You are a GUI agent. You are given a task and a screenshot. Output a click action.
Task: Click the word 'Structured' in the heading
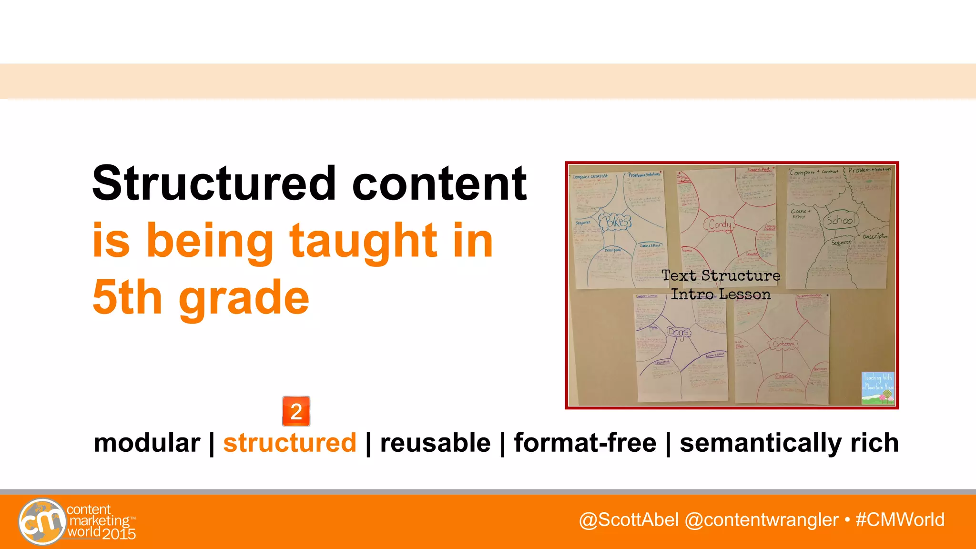pyautogui.click(x=214, y=183)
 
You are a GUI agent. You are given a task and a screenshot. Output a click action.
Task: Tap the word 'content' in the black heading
pyautogui.click(x=439, y=184)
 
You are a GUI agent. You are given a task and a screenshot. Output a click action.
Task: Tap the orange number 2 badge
pyautogui.click(x=296, y=411)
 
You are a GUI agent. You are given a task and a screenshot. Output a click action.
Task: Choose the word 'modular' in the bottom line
pyautogui.click(x=147, y=443)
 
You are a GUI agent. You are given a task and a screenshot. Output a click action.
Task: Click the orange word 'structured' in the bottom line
pyautogui.click(x=290, y=443)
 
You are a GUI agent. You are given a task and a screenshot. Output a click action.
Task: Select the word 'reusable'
pyautogui.click(x=435, y=443)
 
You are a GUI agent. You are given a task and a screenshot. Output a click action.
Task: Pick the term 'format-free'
pyautogui.click(x=585, y=443)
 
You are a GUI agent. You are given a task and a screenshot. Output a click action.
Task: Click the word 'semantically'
pyautogui.click(x=760, y=443)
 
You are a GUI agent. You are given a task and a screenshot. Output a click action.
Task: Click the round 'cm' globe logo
pyautogui.click(x=42, y=521)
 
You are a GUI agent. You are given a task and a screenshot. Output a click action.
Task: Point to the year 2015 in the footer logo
pyautogui.click(x=119, y=534)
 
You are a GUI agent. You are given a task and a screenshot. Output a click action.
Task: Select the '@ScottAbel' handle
pyautogui.click(x=629, y=520)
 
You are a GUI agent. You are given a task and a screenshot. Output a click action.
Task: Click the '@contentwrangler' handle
pyautogui.click(x=761, y=520)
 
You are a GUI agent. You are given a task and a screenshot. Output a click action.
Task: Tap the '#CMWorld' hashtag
pyautogui.click(x=900, y=520)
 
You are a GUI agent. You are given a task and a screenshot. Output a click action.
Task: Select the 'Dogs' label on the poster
pyautogui.click(x=679, y=332)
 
